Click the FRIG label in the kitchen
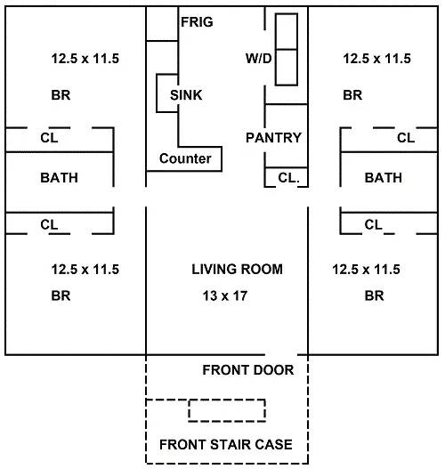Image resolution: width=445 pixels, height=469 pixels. coord(197,22)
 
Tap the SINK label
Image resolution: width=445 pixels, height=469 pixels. coord(186,95)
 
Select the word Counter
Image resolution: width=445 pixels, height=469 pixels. coord(185,158)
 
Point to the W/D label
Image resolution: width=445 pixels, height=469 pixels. coord(259,59)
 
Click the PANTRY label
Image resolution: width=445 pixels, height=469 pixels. coord(273,138)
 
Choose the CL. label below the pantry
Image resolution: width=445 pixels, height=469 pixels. coord(288,178)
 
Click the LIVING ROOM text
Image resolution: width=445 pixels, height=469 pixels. coord(237,269)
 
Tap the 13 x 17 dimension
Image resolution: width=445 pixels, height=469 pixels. coord(225,295)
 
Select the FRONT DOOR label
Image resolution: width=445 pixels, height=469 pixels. coord(248,370)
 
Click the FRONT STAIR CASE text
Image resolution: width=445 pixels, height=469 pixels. coord(226,444)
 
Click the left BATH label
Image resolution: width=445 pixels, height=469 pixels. coord(60,178)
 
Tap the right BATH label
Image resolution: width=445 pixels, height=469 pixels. coord(384,178)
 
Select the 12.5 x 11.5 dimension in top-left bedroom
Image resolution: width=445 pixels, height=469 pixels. coord(85,59)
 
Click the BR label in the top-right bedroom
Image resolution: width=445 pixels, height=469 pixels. coord(352,95)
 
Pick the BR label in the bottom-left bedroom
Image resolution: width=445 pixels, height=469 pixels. coord(61,295)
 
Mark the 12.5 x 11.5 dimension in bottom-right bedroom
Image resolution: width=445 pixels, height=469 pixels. coord(366,269)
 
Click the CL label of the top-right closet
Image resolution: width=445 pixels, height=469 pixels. coord(406,138)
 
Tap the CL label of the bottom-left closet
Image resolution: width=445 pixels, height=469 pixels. coord(49,224)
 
